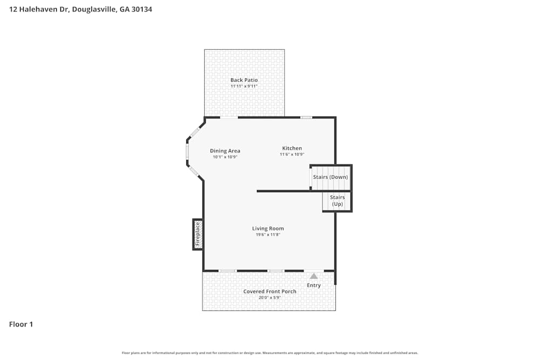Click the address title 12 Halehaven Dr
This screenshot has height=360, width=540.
pyautogui.click(x=80, y=9)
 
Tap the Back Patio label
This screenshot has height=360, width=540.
pyautogui.click(x=244, y=80)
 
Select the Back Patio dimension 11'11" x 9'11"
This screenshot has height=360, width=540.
pyautogui.click(x=244, y=86)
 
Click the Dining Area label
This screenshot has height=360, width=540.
pyautogui.click(x=225, y=151)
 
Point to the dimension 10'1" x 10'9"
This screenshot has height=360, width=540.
pyautogui.click(x=225, y=157)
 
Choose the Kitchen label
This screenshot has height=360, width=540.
pyautogui.click(x=292, y=148)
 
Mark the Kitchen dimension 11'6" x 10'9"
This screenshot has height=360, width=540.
pyautogui.click(x=292, y=155)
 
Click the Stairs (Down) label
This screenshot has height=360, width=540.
pyautogui.click(x=330, y=177)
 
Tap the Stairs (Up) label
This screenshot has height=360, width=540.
pyautogui.click(x=337, y=201)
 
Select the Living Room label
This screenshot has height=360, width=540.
pyautogui.click(x=268, y=228)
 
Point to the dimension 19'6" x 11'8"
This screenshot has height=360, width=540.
pyautogui.click(x=268, y=235)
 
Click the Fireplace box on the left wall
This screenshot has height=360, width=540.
pyautogui.click(x=198, y=234)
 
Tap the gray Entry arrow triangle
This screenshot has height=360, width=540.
pyautogui.click(x=314, y=276)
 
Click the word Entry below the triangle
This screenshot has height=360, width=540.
pyautogui.click(x=314, y=286)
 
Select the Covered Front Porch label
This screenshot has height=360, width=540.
pyautogui.click(x=269, y=291)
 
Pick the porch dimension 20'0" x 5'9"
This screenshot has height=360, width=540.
pyautogui.click(x=269, y=298)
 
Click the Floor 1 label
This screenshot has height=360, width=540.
pyautogui.click(x=21, y=324)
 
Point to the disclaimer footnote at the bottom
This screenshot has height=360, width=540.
pyautogui.click(x=270, y=353)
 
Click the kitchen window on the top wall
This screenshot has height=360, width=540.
pyautogui.click(x=306, y=117)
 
